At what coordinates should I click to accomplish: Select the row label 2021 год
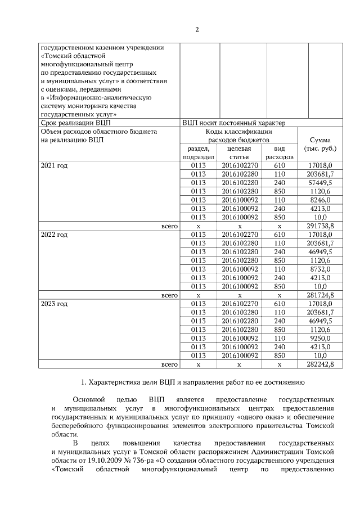coord(54,165)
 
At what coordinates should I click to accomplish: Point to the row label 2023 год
coord(54,304)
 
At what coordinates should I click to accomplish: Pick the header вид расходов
coord(279,152)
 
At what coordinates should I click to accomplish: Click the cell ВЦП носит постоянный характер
coord(234,123)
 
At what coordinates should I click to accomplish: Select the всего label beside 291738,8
coord(169,226)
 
